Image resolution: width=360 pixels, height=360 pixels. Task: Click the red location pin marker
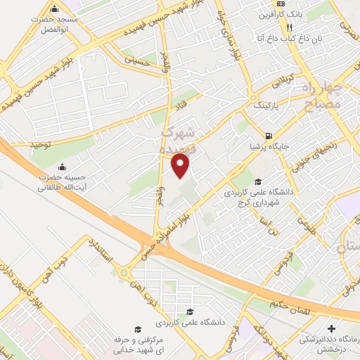[x=181, y=166]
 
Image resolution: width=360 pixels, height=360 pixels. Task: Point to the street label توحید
[x=41, y=144]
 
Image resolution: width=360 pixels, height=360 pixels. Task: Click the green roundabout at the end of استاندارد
[x=125, y=272]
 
